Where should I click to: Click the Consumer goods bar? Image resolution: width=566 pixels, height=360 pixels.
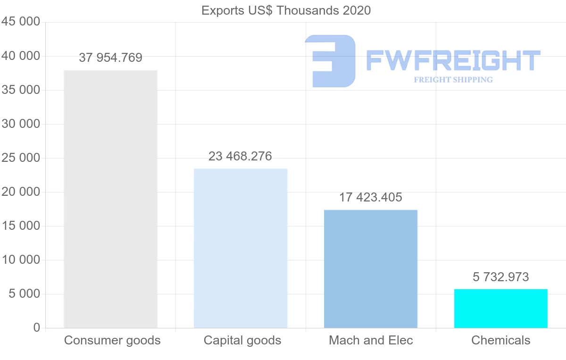pyautogui.click(x=110, y=199)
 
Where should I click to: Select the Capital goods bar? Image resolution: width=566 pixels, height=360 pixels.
pyautogui.click(x=241, y=248)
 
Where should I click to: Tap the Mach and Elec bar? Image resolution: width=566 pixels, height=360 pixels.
pyautogui.click(x=371, y=268)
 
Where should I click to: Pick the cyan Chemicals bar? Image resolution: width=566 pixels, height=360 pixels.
pyautogui.click(x=501, y=308)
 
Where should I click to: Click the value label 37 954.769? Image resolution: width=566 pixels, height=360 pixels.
pyautogui.click(x=110, y=58)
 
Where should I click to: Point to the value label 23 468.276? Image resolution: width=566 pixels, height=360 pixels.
pyautogui.click(x=241, y=156)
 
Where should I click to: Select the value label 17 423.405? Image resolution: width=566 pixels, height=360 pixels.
pyautogui.click(x=371, y=197)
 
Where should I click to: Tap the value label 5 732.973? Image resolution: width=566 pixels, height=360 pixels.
pyautogui.click(x=501, y=277)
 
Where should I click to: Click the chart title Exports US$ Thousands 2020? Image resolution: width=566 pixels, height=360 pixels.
pyautogui.click(x=286, y=10)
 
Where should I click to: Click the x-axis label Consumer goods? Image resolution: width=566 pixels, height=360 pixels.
pyautogui.click(x=112, y=340)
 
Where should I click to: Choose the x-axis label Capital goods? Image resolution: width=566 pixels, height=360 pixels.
pyautogui.click(x=242, y=340)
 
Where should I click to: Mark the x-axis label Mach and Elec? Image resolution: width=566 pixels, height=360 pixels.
pyautogui.click(x=371, y=340)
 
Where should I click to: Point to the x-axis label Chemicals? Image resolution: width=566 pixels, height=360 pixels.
pyautogui.click(x=501, y=340)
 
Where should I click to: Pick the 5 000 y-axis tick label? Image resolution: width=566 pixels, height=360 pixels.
pyautogui.click(x=24, y=294)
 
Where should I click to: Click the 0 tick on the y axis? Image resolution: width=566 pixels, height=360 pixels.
pyautogui.click(x=37, y=328)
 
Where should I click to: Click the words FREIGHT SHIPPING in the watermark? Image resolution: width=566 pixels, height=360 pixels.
pyautogui.click(x=453, y=80)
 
